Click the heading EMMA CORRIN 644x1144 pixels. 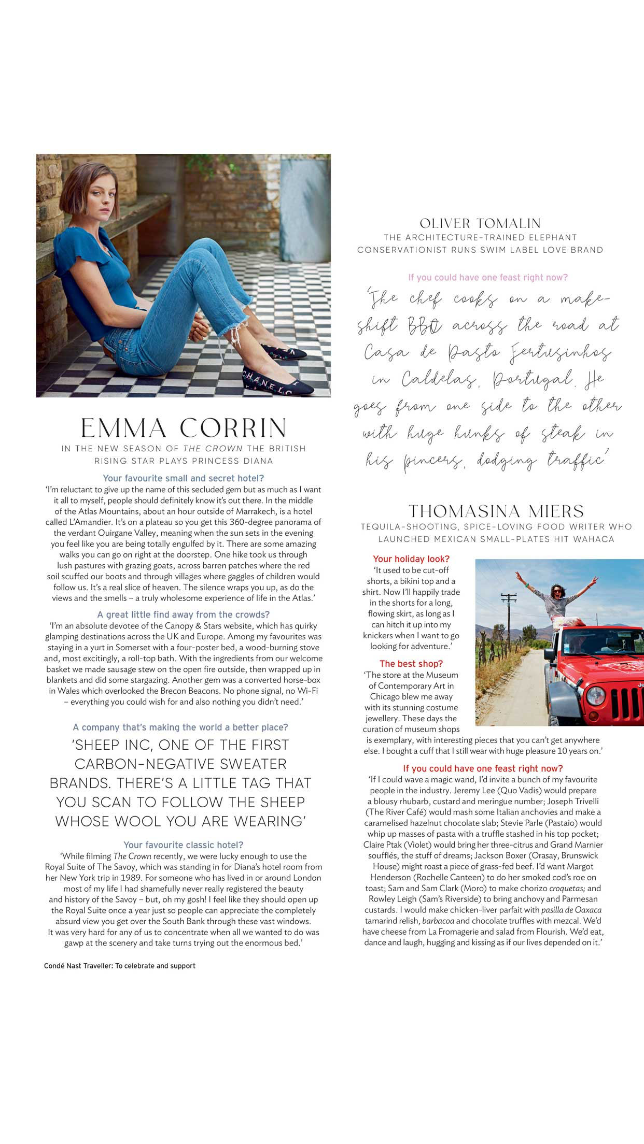(x=184, y=428)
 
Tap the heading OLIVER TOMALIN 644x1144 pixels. (x=480, y=224)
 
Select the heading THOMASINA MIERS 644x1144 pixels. (x=496, y=512)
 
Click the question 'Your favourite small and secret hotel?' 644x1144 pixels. (x=184, y=478)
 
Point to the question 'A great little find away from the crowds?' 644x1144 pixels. (x=184, y=614)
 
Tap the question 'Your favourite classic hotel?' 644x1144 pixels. (x=184, y=845)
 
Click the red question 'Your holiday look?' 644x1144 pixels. (x=411, y=559)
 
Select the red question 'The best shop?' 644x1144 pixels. (x=411, y=664)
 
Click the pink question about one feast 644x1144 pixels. (x=488, y=278)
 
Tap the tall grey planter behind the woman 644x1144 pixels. (x=304, y=207)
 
